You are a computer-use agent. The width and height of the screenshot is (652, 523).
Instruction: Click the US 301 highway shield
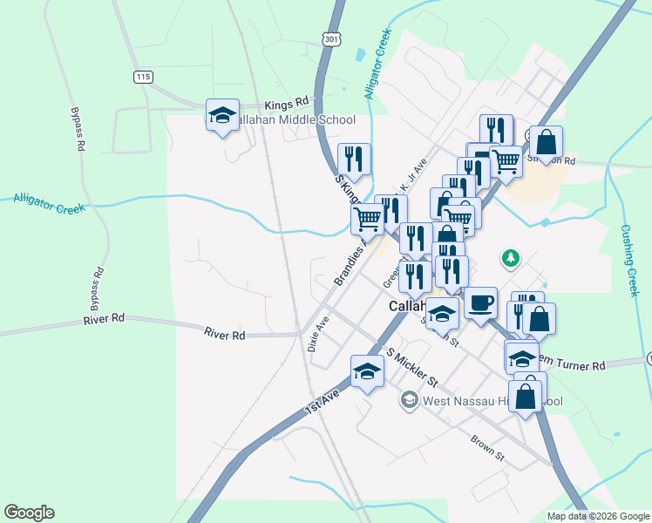coord(330,39)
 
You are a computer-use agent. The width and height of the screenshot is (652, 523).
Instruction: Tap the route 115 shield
coord(144,78)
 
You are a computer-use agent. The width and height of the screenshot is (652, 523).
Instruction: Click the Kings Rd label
coord(289,102)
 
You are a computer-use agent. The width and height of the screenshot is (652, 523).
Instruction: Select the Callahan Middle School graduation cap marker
coord(222,115)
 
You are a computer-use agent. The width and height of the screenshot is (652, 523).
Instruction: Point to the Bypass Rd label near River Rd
coord(95,286)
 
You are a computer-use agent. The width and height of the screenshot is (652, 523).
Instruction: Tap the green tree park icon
coord(510,258)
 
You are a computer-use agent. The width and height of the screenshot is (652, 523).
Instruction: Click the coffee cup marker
coord(480,304)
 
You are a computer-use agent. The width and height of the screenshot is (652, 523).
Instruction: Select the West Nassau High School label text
coord(492,401)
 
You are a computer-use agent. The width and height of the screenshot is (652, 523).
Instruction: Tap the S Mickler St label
coord(412,369)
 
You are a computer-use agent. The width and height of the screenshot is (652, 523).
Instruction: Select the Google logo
coord(29,513)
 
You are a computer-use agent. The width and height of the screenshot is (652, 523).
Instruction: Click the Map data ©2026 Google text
coord(597,516)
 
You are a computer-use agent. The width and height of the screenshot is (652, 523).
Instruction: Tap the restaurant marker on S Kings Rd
coord(354,160)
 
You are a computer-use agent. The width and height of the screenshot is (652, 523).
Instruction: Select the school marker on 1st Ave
coord(367,373)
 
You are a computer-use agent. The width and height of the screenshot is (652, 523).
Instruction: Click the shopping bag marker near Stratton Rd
coord(546,143)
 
